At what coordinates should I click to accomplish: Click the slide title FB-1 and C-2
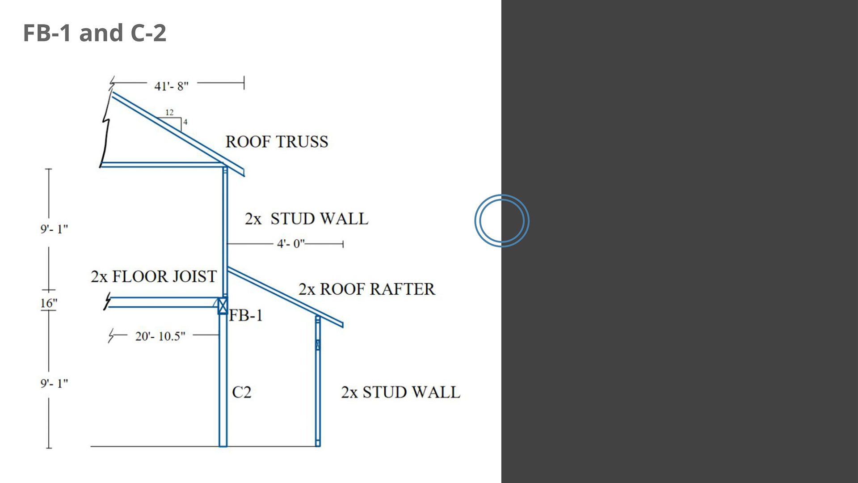(x=94, y=33)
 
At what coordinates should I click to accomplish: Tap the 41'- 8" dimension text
(x=171, y=86)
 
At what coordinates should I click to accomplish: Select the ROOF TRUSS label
(x=277, y=142)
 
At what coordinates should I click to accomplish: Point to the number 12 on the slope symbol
(x=169, y=112)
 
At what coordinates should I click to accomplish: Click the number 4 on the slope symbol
(x=185, y=122)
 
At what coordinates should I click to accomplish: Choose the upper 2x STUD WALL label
(x=307, y=219)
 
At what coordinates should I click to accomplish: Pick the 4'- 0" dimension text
(x=291, y=244)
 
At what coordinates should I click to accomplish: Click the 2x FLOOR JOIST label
(x=154, y=276)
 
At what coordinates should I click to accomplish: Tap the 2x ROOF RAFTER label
(x=366, y=289)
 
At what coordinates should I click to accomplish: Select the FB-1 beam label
(x=246, y=316)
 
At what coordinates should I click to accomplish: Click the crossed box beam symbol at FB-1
(x=223, y=305)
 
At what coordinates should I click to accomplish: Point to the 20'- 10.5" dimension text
(x=160, y=336)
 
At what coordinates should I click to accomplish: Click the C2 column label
(x=242, y=392)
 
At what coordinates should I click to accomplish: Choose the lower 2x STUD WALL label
(x=400, y=392)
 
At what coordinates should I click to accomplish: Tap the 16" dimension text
(x=49, y=303)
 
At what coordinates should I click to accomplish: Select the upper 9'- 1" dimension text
(x=54, y=229)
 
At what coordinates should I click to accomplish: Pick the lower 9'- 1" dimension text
(x=54, y=383)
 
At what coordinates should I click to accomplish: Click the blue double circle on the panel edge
(x=502, y=220)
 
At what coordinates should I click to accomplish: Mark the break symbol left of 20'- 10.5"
(x=112, y=335)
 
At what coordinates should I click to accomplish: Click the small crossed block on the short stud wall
(x=318, y=344)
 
